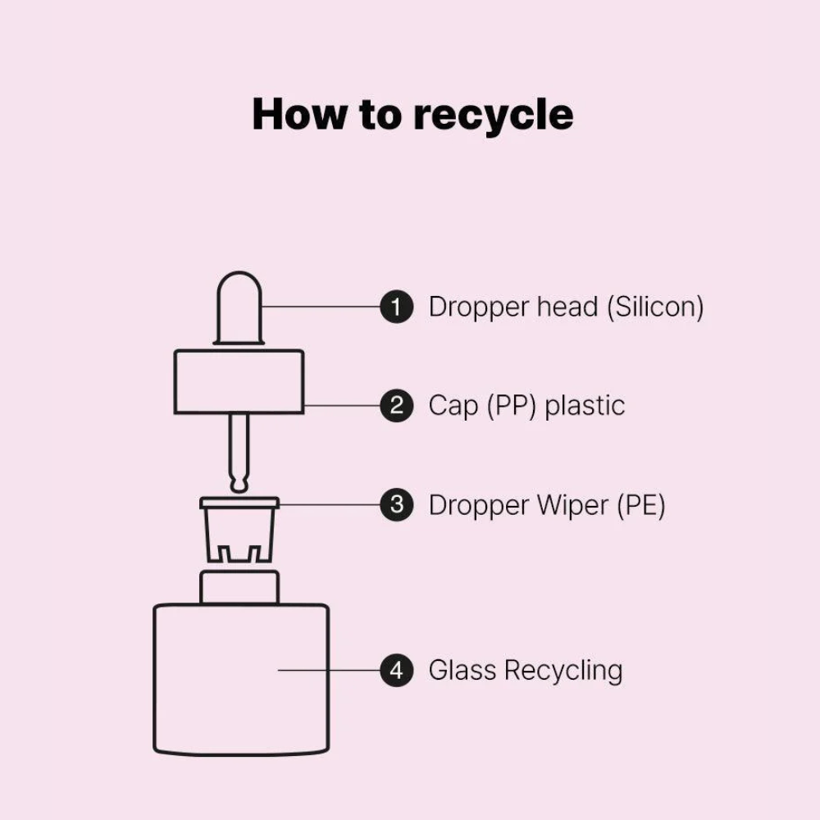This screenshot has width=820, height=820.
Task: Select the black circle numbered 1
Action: (396, 307)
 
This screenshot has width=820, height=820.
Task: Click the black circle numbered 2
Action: (396, 405)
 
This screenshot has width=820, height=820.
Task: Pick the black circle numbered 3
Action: (396, 504)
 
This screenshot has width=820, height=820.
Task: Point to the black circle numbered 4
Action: (396, 670)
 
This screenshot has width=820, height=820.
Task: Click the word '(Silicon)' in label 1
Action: (655, 307)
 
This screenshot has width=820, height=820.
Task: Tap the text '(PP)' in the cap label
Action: (512, 407)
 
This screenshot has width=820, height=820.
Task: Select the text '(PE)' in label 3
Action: (641, 506)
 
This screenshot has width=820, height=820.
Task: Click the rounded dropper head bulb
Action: (239, 307)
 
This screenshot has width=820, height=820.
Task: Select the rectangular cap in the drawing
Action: (239, 382)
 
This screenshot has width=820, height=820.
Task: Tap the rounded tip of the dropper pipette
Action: (239, 485)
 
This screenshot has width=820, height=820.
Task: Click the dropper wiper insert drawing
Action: (239, 529)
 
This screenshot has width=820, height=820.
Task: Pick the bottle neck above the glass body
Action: (239, 587)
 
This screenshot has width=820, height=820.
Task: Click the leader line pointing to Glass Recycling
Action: (329, 670)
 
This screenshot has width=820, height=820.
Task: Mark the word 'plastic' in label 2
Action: (585, 407)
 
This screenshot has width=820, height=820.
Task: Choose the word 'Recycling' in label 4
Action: (563, 671)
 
